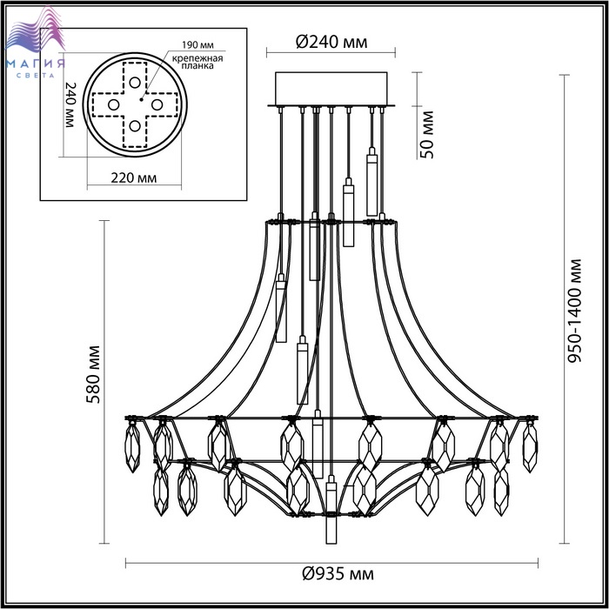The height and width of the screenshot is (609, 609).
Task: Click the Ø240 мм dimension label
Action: [331, 41]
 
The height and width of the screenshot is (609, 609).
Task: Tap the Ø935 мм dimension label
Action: [338, 573]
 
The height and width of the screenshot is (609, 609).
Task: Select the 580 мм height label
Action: [93, 374]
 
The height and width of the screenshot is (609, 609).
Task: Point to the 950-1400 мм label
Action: [574, 311]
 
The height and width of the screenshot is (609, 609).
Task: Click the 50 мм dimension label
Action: [426, 135]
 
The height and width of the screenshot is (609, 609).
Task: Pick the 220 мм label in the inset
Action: [134, 177]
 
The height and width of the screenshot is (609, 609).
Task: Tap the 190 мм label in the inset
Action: [197, 45]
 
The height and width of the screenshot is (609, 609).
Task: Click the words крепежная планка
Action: [197, 62]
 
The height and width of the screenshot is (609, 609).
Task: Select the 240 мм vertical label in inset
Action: [70, 105]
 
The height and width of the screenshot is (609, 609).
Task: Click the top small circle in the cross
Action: [135, 83]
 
